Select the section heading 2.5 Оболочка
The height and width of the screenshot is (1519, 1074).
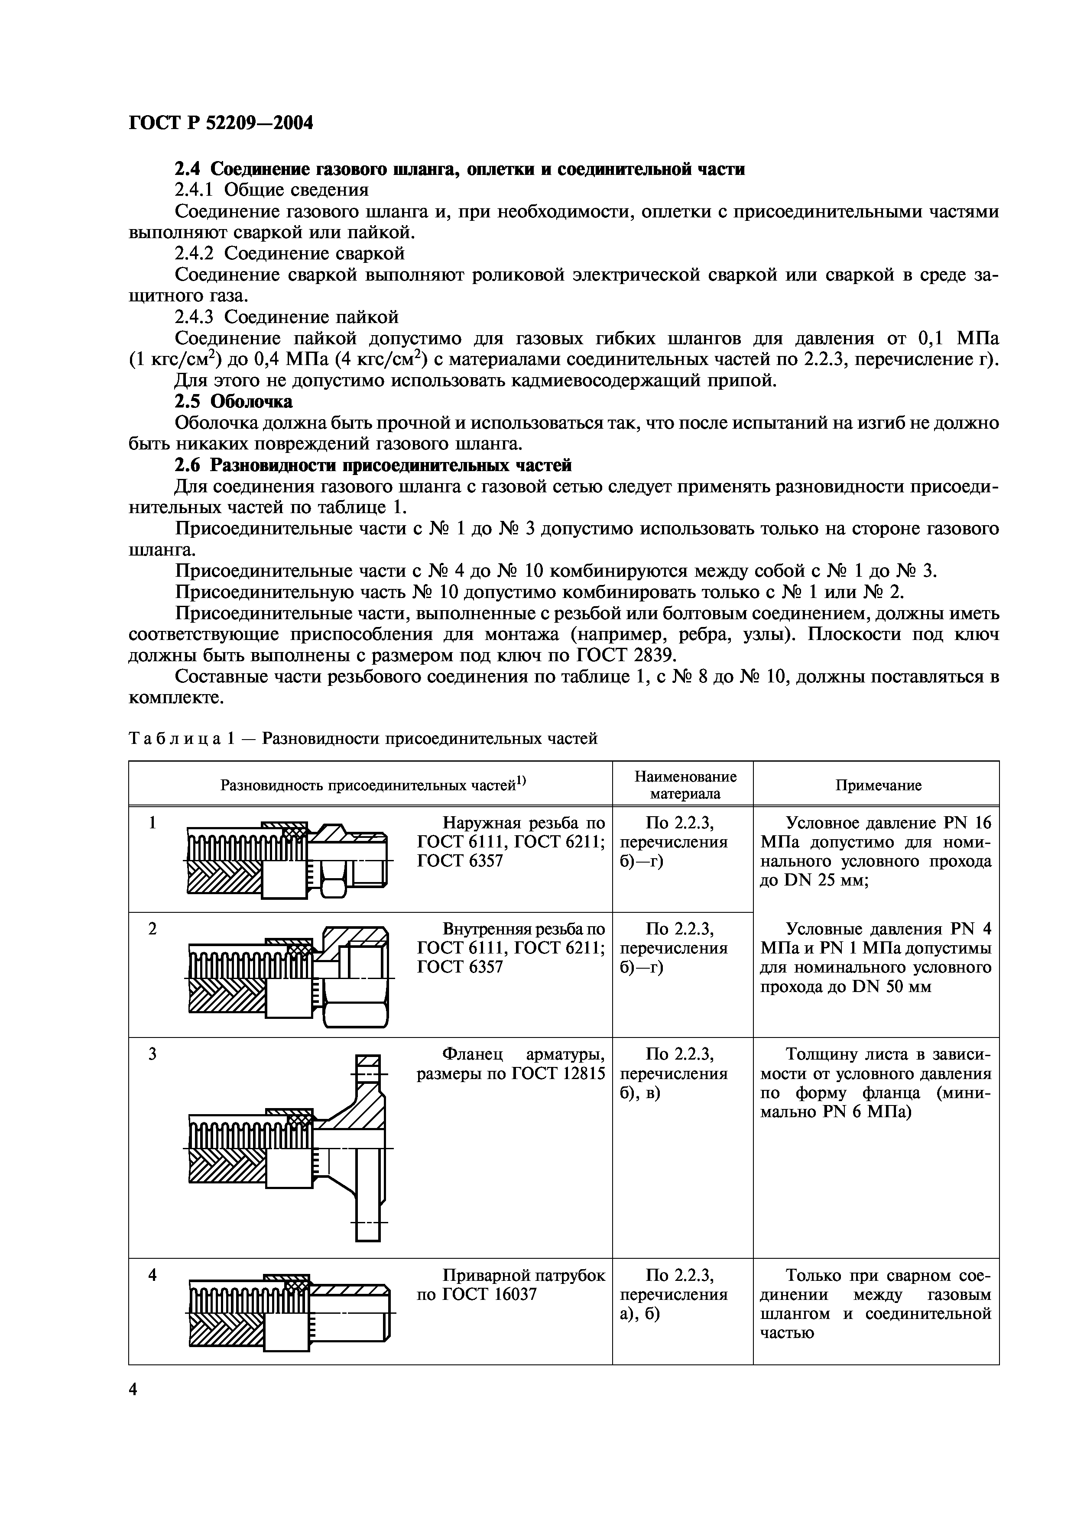(233, 401)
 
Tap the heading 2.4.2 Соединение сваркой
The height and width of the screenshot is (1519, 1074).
(289, 253)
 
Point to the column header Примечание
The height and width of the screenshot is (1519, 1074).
(877, 785)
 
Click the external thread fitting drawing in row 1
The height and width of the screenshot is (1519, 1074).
(288, 860)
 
